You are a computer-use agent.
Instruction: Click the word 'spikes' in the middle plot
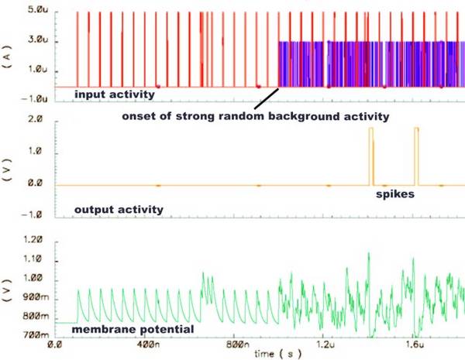395,196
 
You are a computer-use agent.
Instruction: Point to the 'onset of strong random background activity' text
255,117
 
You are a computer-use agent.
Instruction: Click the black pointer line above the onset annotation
266,99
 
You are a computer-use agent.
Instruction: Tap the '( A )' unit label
10,55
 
